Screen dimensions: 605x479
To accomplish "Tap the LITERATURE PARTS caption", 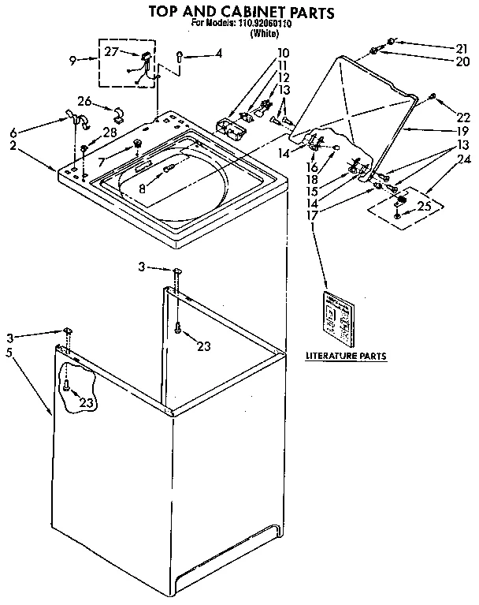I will tap(346, 357).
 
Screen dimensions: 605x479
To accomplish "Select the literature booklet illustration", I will tap(340, 317).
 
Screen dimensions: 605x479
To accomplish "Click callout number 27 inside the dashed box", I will tap(112, 53).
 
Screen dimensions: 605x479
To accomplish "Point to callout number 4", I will tap(218, 54).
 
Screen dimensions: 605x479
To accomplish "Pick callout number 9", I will tap(72, 59).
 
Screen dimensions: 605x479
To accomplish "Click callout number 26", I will tap(85, 100).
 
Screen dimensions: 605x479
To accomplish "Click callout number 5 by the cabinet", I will tap(9, 352).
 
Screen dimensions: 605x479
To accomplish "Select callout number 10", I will tap(261, 54).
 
